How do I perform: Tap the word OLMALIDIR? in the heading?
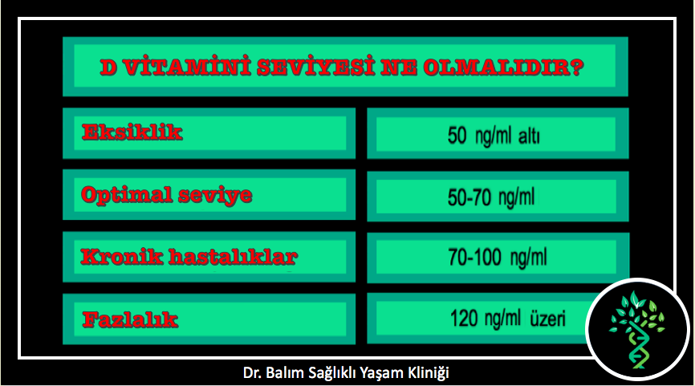pyautogui.click(x=503, y=67)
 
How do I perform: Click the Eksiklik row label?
pyautogui.click(x=132, y=132)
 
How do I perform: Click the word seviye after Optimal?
pyautogui.click(x=215, y=196)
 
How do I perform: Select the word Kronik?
pyautogui.click(x=121, y=257)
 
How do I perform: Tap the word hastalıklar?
pyautogui.click(x=233, y=257)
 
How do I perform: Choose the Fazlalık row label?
pyautogui.click(x=130, y=319)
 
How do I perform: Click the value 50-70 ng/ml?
pyautogui.click(x=491, y=197)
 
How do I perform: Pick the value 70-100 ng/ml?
pyautogui.click(x=498, y=257)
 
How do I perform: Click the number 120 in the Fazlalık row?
pyautogui.click(x=465, y=319)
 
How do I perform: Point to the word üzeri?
pyautogui.click(x=548, y=319)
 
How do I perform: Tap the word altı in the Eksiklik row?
pyautogui.click(x=529, y=136)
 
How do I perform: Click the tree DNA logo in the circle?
pyautogui.click(x=637, y=329)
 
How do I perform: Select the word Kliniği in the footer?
pyautogui.click(x=429, y=373)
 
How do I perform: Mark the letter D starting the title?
pyautogui.click(x=109, y=67)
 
